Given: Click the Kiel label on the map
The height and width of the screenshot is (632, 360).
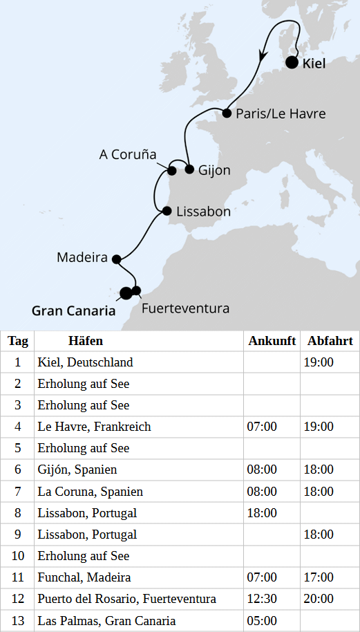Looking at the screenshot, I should coord(314,64).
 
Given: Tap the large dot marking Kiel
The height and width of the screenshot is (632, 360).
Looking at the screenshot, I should coord(292,63).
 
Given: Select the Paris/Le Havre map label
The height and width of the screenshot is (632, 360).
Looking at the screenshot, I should coord(280,113).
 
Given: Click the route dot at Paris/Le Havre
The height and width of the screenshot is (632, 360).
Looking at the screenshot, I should coord(227,112).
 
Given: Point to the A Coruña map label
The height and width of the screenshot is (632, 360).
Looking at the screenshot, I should coord(128,154).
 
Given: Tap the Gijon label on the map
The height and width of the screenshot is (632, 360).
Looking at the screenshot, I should coord(214,169).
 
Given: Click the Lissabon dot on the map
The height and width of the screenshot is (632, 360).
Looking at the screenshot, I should coord(167,211).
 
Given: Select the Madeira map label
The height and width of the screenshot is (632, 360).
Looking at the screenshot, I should coord(82,258).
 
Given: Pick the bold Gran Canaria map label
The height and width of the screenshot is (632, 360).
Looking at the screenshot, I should coord(74,310).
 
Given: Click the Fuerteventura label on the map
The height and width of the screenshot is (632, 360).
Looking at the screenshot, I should coord(185,308).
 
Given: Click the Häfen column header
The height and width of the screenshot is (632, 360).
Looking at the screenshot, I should coord(86,341).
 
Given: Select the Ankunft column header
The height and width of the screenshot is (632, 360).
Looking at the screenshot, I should coord(272,341).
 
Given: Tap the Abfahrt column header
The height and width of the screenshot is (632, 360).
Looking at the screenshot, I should coord(330,341).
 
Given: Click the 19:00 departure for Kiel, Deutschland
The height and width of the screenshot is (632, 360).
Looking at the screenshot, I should coord(319,362).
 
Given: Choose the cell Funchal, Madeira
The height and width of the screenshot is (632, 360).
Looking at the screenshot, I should coord(84,577).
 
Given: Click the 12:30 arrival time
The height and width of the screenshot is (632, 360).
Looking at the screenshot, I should coord(262,599).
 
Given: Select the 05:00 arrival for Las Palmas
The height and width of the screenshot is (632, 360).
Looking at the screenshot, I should coord(262,621).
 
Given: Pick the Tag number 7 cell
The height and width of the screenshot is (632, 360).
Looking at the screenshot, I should coord(18,492).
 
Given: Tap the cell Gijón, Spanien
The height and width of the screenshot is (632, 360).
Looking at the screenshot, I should coord(77,470).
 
